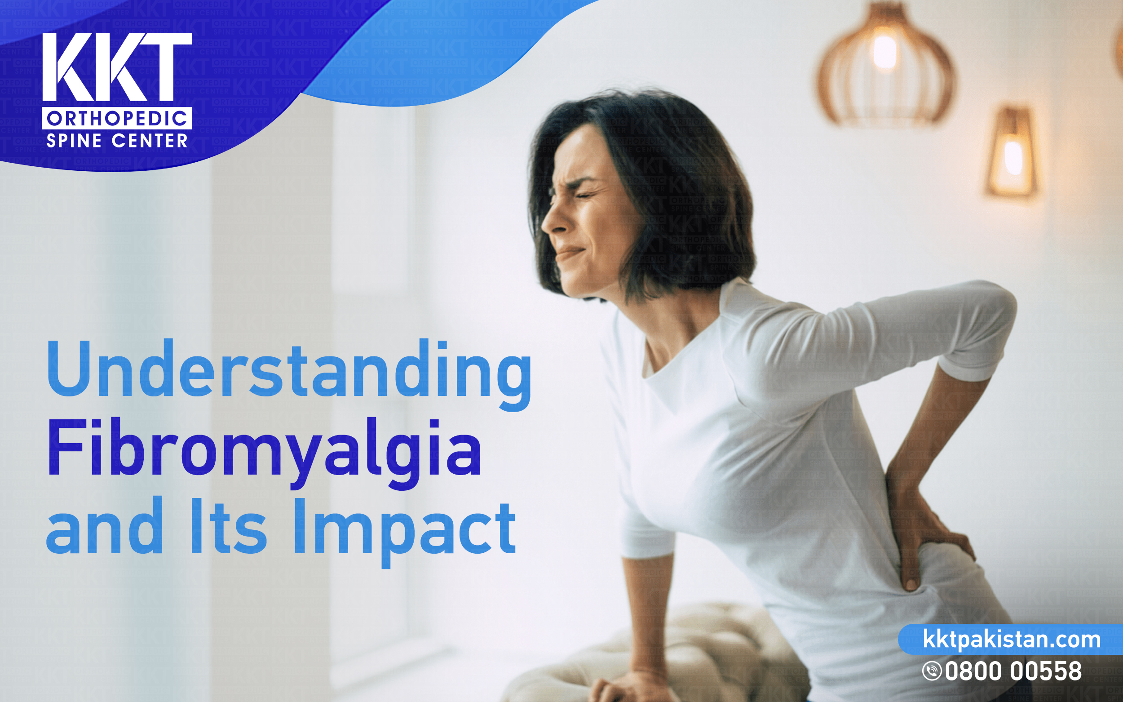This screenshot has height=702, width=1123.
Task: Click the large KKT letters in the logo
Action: tap(116, 67)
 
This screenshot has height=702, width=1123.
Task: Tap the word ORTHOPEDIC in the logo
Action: tap(116, 119)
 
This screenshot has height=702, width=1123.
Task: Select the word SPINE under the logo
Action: tap(74, 141)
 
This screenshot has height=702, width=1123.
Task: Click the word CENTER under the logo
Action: tap(150, 141)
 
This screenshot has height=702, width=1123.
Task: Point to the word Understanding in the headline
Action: tap(289, 371)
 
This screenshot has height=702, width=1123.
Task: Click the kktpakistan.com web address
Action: tap(1012, 640)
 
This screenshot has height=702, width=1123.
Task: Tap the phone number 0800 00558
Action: tap(1013, 671)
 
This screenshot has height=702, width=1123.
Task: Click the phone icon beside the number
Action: tap(932, 671)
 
